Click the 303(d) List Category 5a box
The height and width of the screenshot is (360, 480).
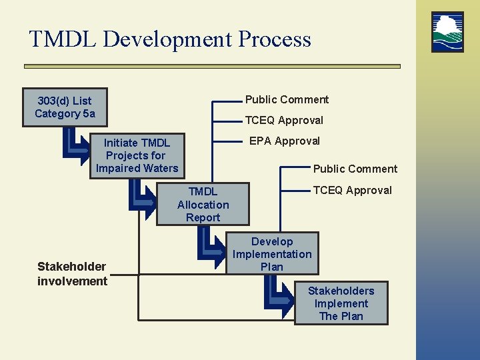[x=65, y=107]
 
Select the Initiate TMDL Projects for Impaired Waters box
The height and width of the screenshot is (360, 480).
[x=137, y=155]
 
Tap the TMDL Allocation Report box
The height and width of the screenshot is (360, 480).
[x=203, y=205]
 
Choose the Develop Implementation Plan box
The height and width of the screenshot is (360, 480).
[x=272, y=254]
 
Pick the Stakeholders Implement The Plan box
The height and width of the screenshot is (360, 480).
[x=341, y=303]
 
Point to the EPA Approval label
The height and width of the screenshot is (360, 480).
[x=284, y=141]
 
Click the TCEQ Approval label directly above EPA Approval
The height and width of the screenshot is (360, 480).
[x=284, y=120]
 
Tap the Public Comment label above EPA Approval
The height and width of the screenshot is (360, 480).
[x=287, y=99]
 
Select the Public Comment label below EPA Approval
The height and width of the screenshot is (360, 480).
[x=355, y=169]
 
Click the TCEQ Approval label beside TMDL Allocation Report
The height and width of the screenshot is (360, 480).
[x=352, y=190]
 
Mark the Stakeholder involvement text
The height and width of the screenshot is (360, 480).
[x=72, y=274]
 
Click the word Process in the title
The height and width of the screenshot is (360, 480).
[x=274, y=39]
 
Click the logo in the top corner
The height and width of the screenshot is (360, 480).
[x=447, y=31]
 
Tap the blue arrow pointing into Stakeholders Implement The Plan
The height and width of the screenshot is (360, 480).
[x=280, y=293]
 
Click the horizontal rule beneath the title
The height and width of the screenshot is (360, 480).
[x=212, y=66]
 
